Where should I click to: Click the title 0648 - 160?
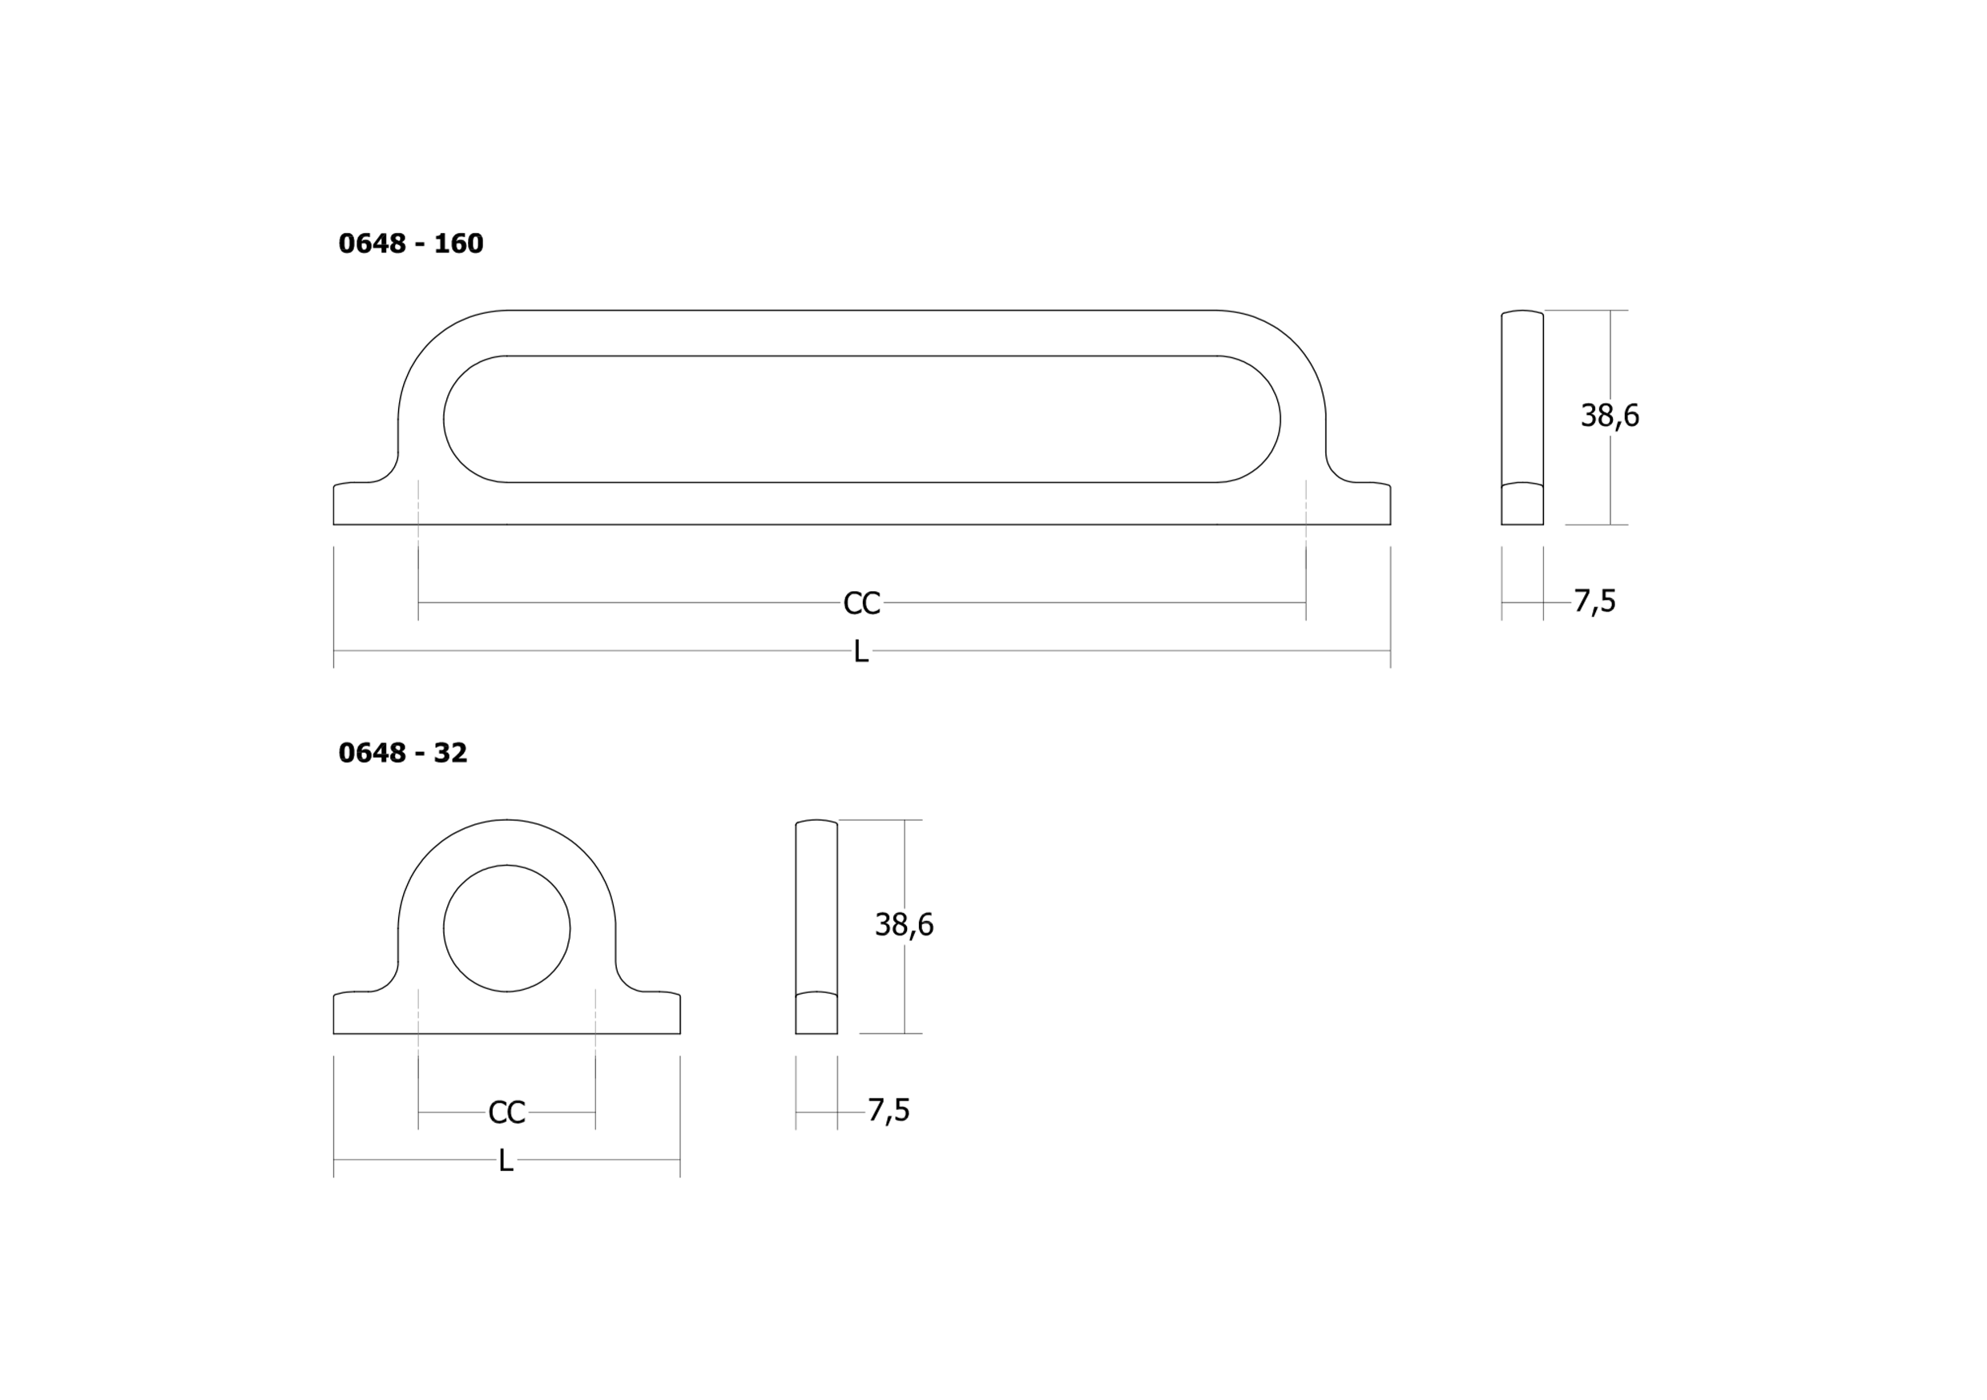click(x=411, y=244)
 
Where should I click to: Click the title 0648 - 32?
click(x=402, y=753)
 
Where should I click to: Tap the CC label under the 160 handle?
click(x=862, y=603)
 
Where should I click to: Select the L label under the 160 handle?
click(x=861, y=652)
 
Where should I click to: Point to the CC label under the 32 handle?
click(x=507, y=1112)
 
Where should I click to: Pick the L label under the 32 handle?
click(x=506, y=1161)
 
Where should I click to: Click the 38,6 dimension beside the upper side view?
click(x=1610, y=416)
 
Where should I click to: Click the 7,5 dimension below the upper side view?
click(x=1594, y=601)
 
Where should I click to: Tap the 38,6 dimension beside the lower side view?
click(x=905, y=925)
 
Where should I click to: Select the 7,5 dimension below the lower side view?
click(x=889, y=1109)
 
